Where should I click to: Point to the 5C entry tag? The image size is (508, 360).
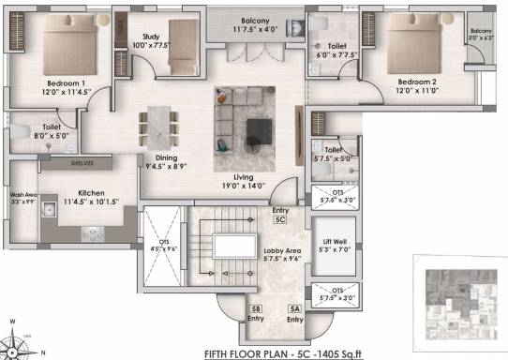coord(280,220)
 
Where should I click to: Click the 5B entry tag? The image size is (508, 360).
coord(255,309)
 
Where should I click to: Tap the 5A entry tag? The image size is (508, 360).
coord(295,309)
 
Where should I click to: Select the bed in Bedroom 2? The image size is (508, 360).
coord(417,40)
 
